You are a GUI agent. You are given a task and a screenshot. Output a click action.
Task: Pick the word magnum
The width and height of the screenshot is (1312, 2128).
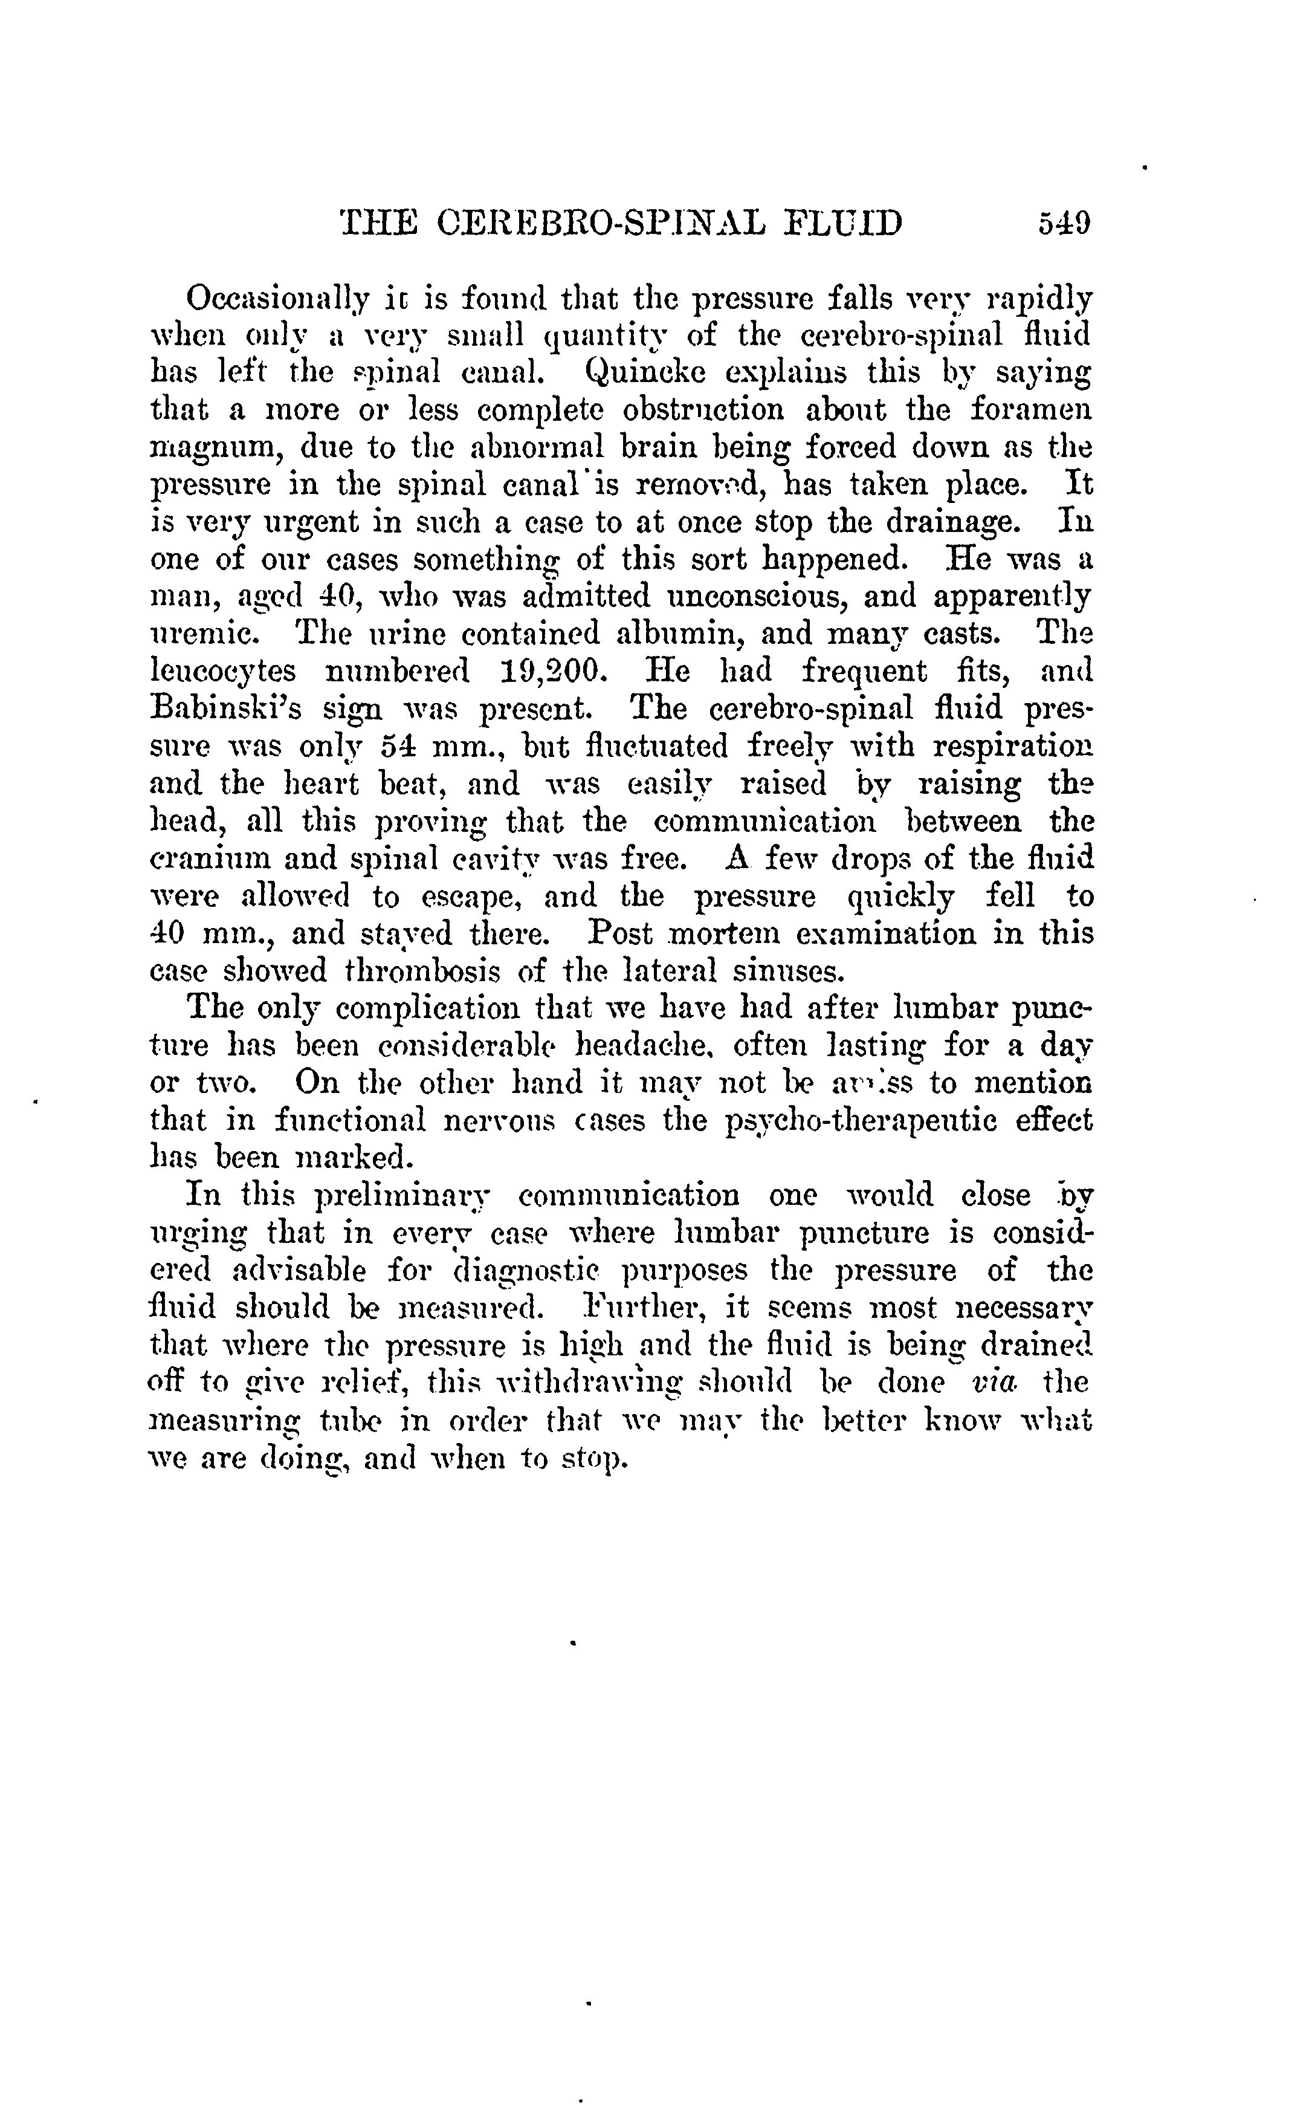[216, 449]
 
